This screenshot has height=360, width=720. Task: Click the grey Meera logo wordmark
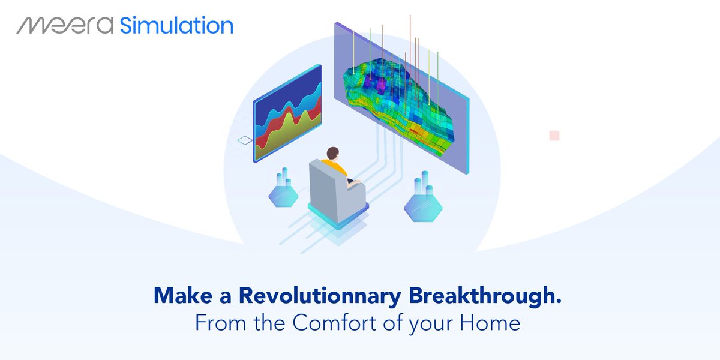click(65, 25)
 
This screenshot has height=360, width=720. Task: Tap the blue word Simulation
click(176, 25)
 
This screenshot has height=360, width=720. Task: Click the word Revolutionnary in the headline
click(320, 295)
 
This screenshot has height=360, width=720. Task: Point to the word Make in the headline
click(183, 295)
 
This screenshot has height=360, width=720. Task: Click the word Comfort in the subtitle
click(335, 322)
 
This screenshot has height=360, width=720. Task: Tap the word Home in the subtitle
click(490, 322)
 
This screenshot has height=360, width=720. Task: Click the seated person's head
click(332, 154)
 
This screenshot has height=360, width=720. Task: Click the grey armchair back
click(323, 190)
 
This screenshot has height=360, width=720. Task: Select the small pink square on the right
click(554, 136)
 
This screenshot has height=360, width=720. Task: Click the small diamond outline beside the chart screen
click(245, 140)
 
